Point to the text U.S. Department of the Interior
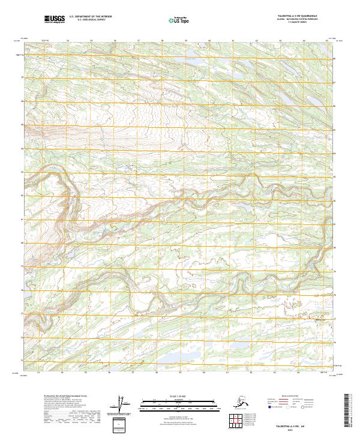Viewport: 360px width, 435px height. pos(91,17)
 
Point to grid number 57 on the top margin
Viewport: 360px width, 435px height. pos(139,41)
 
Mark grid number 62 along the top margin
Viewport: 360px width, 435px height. pos(256,41)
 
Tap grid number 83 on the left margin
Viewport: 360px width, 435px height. pos(23,172)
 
